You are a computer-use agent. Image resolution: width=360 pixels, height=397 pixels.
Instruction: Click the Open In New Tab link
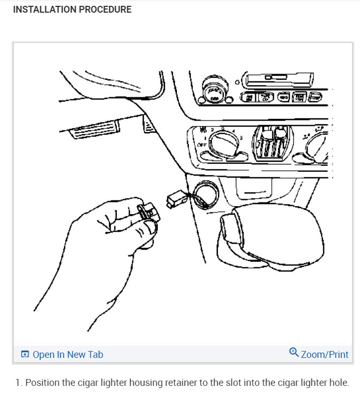[x=68, y=354]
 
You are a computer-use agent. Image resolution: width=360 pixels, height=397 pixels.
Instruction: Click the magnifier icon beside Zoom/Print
[x=294, y=352]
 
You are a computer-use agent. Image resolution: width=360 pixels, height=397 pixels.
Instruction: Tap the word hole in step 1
[x=338, y=383]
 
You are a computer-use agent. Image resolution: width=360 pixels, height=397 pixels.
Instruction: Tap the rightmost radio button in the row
[x=316, y=97]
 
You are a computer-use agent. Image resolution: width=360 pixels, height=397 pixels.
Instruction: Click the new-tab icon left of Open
[x=24, y=354]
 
